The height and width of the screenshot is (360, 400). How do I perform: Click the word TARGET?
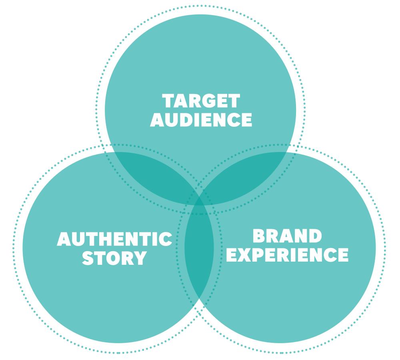pos(201,101)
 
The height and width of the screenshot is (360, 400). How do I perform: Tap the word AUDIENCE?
pos(201,120)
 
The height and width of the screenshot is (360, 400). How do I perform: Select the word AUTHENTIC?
pos(114,239)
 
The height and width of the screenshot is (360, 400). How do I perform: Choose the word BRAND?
pos(287,236)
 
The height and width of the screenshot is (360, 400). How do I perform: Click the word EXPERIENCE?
pos(287,255)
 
